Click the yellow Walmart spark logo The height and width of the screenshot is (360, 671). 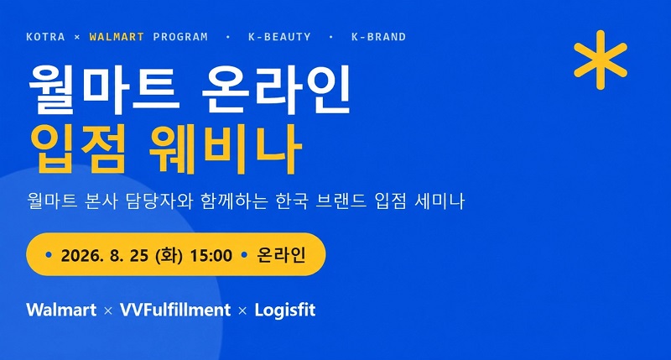tap(601, 60)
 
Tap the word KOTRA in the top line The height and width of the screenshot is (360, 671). tap(45, 37)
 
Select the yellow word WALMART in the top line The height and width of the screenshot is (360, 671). tap(117, 37)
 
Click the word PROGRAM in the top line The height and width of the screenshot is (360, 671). tap(180, 37)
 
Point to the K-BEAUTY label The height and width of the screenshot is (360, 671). tap(279, 37)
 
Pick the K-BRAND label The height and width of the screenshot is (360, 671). tap(379, 37)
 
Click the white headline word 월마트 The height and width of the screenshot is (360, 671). tap(102, 90)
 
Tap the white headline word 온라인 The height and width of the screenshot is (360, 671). tap(276, 90)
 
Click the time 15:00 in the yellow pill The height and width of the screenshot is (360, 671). tap(211, 256)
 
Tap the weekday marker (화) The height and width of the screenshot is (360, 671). tap(169, 256)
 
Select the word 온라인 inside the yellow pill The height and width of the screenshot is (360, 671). tap(281, 255)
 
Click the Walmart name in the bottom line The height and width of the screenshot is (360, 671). tap(61, 310)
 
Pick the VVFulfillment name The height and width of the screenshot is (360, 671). tap(175, 310)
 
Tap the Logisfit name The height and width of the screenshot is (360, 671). tap(285, 310)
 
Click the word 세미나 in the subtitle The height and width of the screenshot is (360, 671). tap(440, 201)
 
